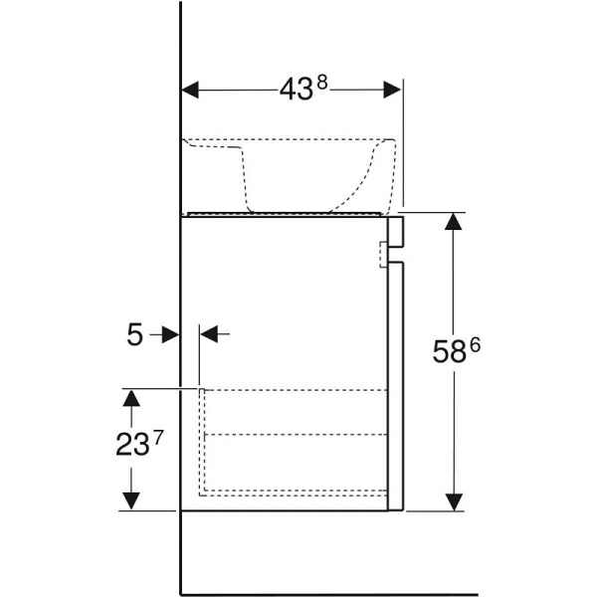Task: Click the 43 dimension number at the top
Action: point(297,91)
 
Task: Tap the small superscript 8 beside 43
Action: point(322,83)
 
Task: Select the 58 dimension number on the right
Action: point(450,351)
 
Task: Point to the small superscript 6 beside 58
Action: point(476,345)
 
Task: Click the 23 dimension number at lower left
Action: point(131,445)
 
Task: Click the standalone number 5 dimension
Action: point(134,334)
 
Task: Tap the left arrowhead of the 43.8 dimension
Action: point(190,91)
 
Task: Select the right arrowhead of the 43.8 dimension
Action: point(392,90)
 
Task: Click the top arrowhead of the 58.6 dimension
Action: point(453,222)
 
